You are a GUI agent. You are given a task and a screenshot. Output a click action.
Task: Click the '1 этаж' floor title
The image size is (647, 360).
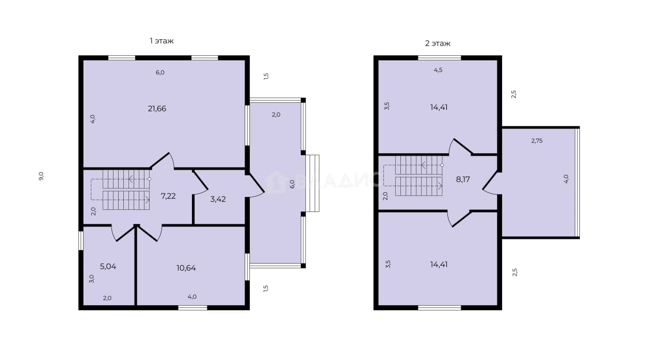(161, 41)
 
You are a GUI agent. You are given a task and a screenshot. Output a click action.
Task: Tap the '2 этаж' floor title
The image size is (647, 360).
(438, 44)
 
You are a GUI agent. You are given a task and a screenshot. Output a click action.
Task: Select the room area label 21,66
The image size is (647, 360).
(157, 109)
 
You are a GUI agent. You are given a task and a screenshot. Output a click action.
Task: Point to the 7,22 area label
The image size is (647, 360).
(168, 197)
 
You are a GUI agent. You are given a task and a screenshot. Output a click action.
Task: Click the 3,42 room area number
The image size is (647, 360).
(218, 199)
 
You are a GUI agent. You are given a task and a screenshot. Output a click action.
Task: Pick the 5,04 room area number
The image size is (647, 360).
(108, 267)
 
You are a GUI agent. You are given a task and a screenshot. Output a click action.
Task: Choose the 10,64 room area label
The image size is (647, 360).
(186, 268)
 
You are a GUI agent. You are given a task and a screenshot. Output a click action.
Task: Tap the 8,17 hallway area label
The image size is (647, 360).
(463, 179)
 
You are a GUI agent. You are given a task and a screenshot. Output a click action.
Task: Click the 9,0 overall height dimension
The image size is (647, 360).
(41, 176)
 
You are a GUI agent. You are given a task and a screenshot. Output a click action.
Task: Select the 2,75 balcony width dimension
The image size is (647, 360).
(537, 141)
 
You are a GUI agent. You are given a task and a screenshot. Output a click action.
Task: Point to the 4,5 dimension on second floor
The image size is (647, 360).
(438, 70)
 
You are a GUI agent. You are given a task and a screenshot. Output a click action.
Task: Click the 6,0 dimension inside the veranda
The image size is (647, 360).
(293, 184)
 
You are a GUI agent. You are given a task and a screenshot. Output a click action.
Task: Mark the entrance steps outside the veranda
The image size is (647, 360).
(312, 183)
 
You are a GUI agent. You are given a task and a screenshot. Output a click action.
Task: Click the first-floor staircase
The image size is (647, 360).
(126, 190)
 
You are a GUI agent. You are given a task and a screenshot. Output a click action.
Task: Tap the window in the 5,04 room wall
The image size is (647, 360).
(81, 240)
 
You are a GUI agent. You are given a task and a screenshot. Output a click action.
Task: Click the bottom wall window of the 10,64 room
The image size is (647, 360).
(192, 308)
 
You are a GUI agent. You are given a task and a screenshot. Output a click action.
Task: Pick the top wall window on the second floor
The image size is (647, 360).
(439, 58)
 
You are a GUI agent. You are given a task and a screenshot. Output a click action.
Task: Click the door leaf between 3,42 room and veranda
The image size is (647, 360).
(256, 183)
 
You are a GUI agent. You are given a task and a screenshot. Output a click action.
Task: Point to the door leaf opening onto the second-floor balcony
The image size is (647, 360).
(490, 181)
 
